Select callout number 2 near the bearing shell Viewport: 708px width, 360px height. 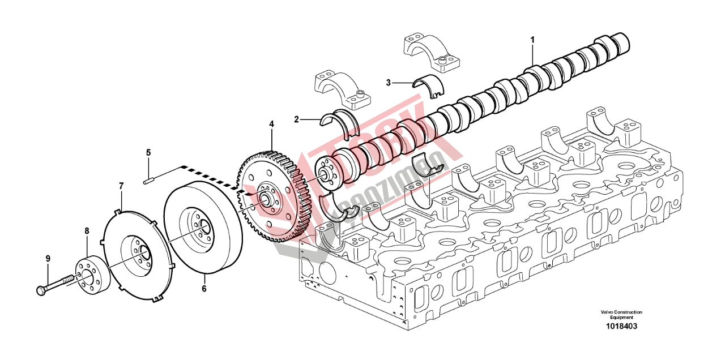[296, 119]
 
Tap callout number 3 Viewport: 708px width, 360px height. [389, 83]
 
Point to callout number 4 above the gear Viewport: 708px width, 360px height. [271, 123]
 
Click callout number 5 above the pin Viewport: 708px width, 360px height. [148, 152]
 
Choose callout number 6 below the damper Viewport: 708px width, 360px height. [204, 289]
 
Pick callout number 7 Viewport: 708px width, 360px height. [121, 185]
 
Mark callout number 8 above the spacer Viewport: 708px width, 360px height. [87, 231]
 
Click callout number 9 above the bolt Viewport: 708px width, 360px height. [48, 258]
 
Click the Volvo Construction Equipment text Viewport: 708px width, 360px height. [621, 315]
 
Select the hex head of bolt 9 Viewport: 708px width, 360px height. [40, 290]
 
